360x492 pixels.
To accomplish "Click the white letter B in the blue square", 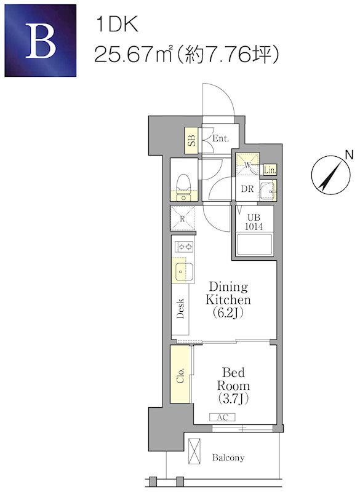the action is pos(41,41).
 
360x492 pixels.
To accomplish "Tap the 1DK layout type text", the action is pos(117,25).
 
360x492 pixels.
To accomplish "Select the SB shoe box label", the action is pos(191,140).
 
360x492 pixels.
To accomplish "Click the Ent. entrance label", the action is pos(221,138).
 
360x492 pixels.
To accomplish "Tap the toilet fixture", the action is pos(183,188).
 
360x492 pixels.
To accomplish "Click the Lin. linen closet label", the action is pos(270,170).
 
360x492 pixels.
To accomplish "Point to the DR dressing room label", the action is pos(247,189).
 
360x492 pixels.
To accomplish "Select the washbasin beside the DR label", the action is pos(268,189).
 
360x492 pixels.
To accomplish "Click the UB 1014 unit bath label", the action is pos(254,222).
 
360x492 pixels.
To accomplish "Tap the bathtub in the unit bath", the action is pos(255,245).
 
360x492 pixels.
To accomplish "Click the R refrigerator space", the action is pos(183,218).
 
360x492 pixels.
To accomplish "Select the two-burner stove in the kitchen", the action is pos(185,247).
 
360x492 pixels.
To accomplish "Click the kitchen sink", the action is pos(184,271).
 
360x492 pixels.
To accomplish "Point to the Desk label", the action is pos(180,309).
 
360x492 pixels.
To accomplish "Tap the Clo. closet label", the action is pos(180,375).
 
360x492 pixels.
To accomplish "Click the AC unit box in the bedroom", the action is pos(223,418).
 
